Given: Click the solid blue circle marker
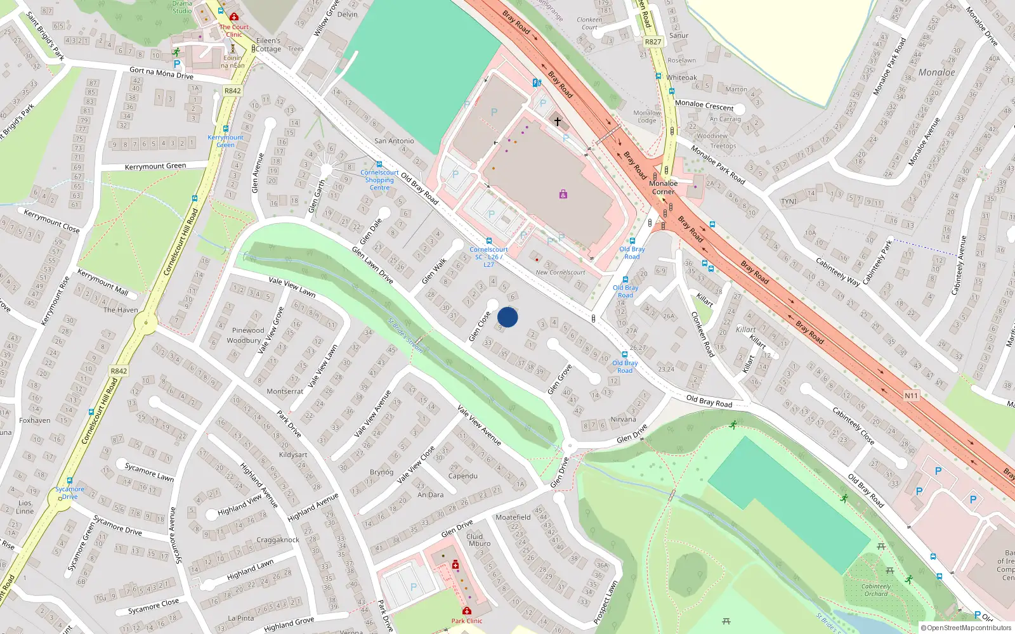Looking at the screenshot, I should tap(507, 317).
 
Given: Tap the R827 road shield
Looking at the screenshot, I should tap(653, 42).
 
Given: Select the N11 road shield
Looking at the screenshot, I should tap(911, 396).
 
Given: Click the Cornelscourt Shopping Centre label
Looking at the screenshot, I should tap(379, 180).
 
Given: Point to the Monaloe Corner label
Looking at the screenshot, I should tap(664, 187).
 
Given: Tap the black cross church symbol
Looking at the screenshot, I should tap(558, 121).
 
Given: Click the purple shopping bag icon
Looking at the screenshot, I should tap(563, 194).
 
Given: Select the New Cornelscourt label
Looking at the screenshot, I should tap(560, 273).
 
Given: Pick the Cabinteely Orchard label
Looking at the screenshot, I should tap(875, 590).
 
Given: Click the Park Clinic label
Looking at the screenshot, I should tap(467, 621).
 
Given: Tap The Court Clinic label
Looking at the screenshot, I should tap(234, 30).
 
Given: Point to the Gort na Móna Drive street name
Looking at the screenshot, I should tap(161, 74).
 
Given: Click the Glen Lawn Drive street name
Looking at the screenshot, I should tap(372, 265).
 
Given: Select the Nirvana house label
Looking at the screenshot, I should tap(623, 419).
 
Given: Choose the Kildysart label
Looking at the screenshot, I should tap(293, 455).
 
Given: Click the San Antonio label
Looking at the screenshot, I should tap(394, 141).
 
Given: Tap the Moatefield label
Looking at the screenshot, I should tap(513, 517).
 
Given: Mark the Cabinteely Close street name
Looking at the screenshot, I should tap(853, 425).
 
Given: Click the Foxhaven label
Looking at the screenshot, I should tap(35, 420).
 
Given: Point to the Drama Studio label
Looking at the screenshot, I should tap(182, 7).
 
